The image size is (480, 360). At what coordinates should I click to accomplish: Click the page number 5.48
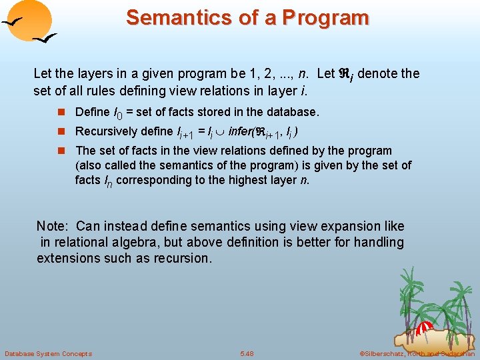coord(247,353)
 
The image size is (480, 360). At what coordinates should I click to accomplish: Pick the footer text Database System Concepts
coord(48,353)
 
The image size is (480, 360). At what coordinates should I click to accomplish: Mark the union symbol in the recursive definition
coord(219,133)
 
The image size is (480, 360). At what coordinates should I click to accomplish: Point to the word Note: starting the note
coord(53,227)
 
